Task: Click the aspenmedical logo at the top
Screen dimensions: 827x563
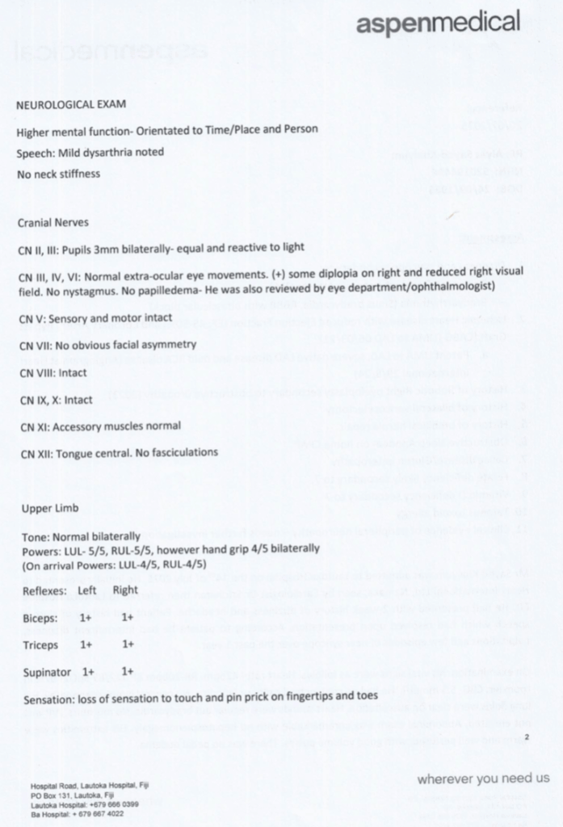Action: coord(439,23)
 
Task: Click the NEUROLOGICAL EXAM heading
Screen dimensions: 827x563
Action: coord(71,104)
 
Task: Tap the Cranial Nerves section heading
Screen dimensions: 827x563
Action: coord(53,222)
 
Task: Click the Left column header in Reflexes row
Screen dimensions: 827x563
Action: coord(86,590)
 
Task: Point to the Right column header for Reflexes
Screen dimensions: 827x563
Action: coord(125,590)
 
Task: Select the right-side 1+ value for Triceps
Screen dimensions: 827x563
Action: coord(128,644)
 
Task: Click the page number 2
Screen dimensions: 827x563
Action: coord(526,737)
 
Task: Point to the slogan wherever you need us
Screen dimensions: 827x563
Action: coord(483,779)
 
